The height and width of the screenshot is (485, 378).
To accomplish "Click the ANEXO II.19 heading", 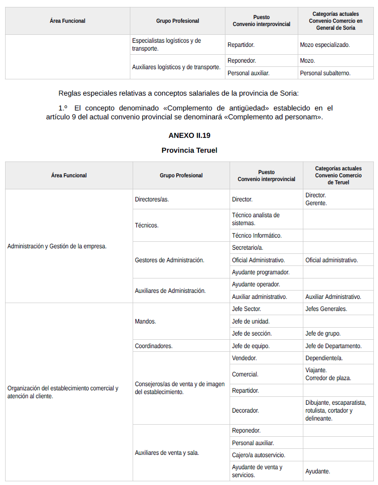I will coord(189,136).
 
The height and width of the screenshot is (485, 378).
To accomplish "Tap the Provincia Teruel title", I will coord(189,150).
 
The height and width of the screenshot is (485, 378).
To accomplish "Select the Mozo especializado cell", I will coord(325,45).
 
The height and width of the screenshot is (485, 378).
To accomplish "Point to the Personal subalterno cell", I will coord(325,73).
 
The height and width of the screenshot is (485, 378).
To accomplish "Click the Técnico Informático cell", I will coord(256,235).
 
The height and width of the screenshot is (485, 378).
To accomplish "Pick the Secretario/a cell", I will coord(247,248).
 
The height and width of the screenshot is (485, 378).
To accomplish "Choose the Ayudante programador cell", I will coord(261,272).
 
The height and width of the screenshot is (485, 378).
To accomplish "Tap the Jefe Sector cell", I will coord(246,309).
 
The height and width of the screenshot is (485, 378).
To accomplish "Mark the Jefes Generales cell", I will coord(326,309).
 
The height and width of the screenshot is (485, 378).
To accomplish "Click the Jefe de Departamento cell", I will coord(333,346).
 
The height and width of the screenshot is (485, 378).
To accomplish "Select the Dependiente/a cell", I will coord(324,358).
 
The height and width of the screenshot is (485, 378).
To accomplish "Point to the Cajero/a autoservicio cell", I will coord(258,455).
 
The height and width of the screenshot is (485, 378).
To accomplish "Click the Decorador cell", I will coord(245,410).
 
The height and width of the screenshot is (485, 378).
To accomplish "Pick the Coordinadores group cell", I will coord(154,346).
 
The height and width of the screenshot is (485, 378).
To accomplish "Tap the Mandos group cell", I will coord(145,321).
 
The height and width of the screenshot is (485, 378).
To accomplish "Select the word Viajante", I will coord(316,370).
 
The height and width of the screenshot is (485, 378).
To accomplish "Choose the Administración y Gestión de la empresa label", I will coord(57,246).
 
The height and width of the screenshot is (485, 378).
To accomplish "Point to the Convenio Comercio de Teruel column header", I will coord(338,175).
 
